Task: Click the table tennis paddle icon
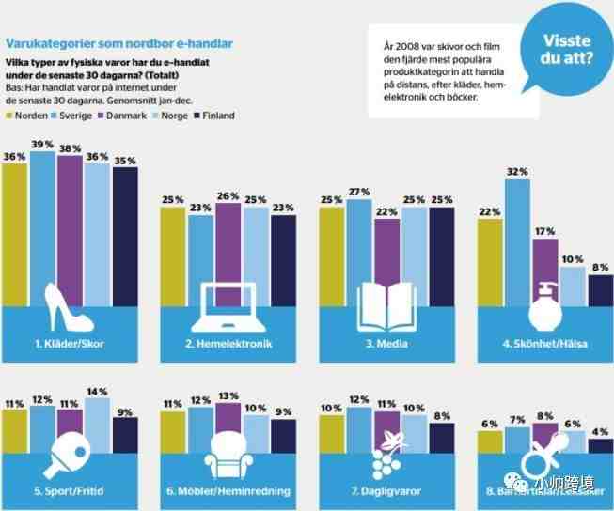tap(71, 449)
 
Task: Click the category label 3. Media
tap(386, 344)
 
